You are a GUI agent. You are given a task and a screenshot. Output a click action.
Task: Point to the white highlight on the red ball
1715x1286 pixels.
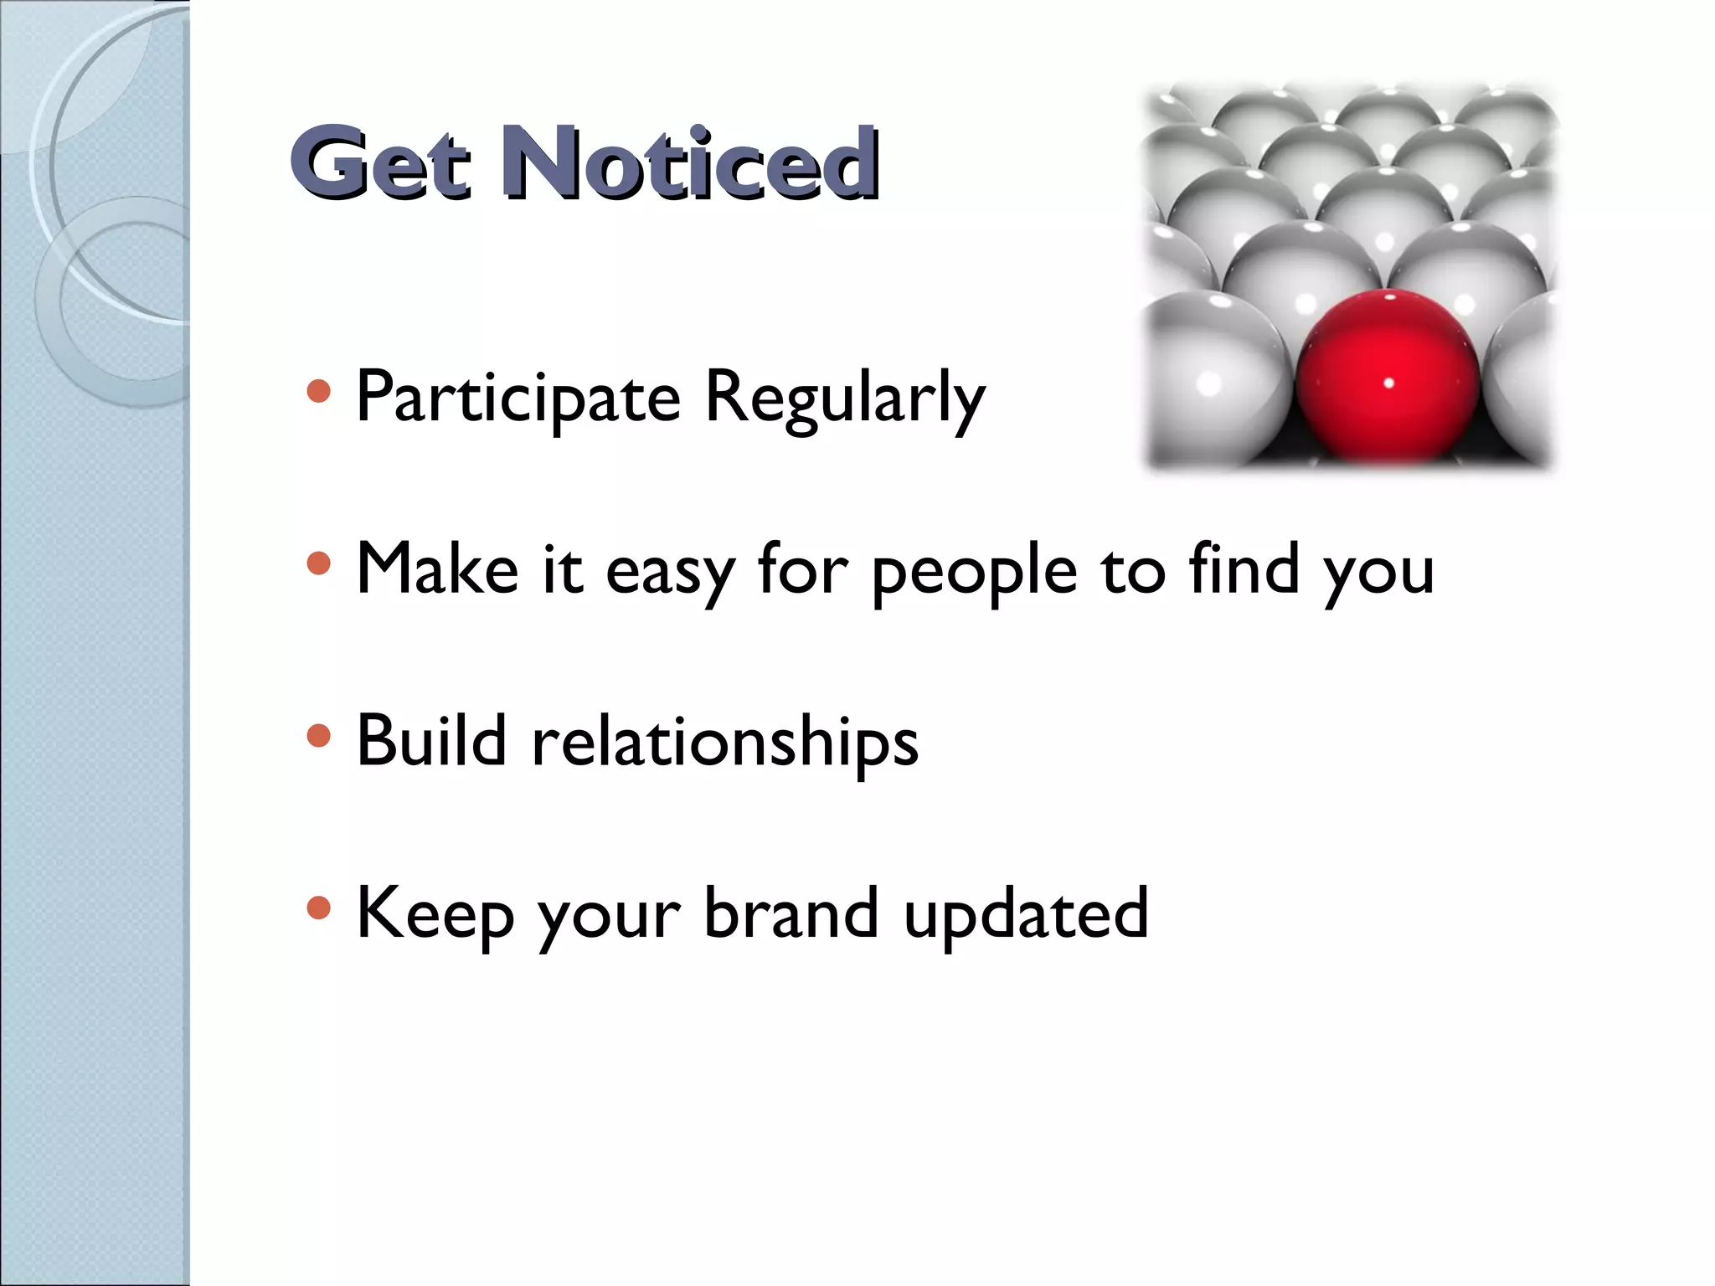pos(1388,383)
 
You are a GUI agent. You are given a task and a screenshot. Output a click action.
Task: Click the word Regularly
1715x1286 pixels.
pos(844,399)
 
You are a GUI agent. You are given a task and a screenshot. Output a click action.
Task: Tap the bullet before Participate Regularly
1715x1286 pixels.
pos(319,391)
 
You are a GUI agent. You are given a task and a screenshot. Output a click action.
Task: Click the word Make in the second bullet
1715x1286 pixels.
pos(437,569)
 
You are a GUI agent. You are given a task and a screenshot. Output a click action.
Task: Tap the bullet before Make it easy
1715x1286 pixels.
pos(319,563)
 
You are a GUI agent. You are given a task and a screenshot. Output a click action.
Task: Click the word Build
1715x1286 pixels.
pos(431,741)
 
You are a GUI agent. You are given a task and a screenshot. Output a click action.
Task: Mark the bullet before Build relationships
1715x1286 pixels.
pos(319,736)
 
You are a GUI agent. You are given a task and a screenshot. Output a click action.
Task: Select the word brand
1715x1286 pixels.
pos(791,913)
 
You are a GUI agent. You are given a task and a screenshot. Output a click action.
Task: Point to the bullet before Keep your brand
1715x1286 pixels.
pos(319,908)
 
